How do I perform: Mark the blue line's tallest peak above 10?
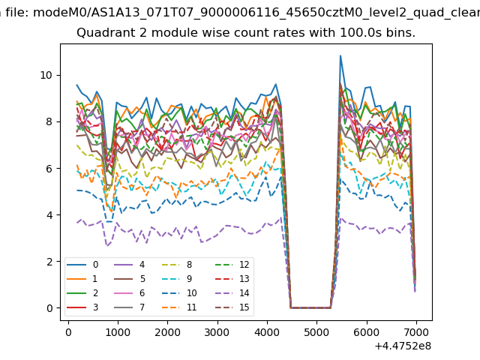(340, 55)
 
